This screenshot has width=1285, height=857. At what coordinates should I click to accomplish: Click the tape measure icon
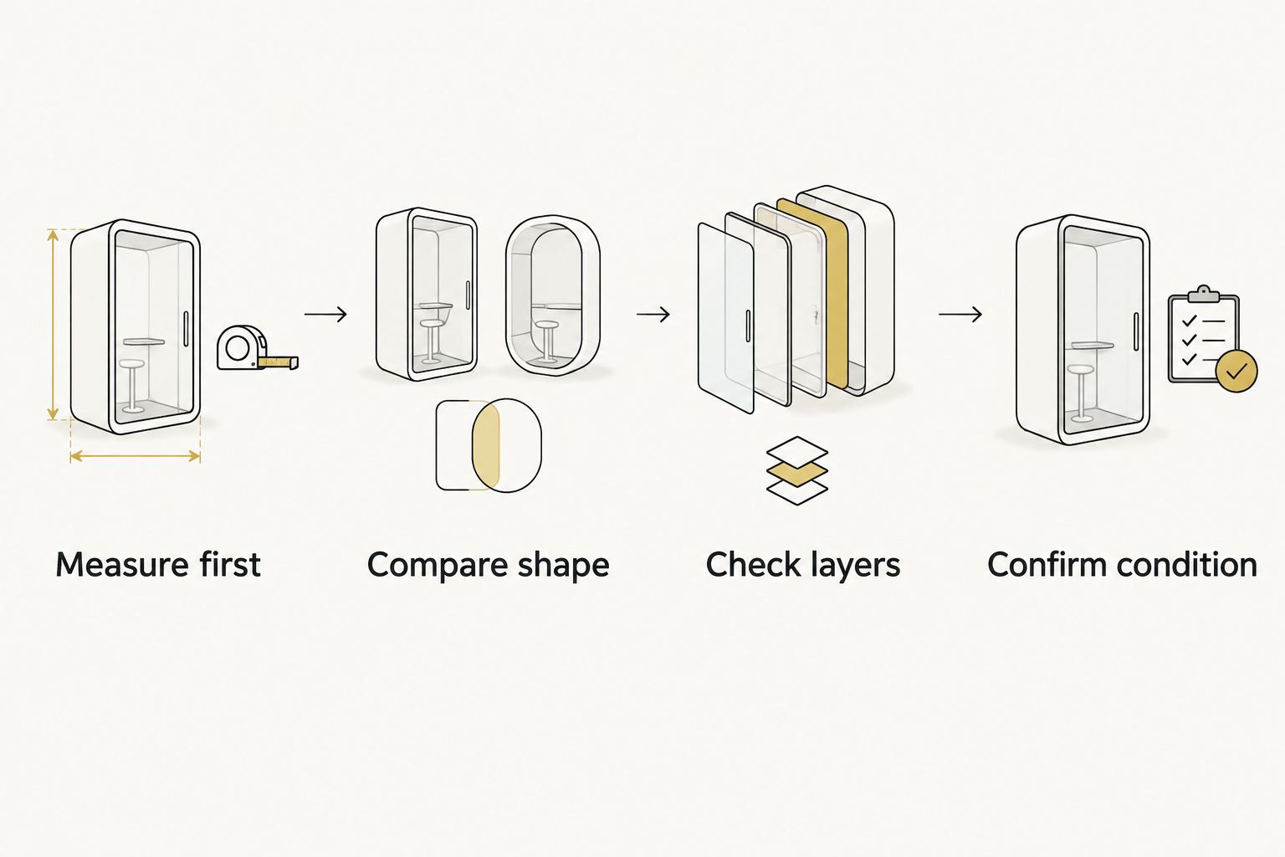(257, 348)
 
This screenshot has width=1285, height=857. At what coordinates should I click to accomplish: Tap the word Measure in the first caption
(121, 564)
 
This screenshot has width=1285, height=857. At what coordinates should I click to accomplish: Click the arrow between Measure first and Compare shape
(325, 314)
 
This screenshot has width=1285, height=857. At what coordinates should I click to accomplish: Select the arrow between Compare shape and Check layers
(653, 314)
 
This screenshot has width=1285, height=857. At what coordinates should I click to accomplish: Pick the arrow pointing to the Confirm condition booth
(960, 314)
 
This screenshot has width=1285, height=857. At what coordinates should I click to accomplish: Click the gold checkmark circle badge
(1236, 371)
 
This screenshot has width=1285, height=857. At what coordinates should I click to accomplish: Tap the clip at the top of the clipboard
(1204, 294)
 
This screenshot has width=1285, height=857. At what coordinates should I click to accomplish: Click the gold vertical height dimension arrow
(53, 325)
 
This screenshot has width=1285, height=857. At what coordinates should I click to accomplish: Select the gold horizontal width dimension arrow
(135, 456)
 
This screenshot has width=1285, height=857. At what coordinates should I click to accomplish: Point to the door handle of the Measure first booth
(186, 329)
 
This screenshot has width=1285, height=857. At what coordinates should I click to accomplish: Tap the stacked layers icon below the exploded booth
(796, 470)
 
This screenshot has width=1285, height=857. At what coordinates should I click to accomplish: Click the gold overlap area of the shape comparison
(486, 445)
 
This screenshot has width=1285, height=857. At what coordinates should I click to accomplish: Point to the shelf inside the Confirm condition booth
(1093, 346)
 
